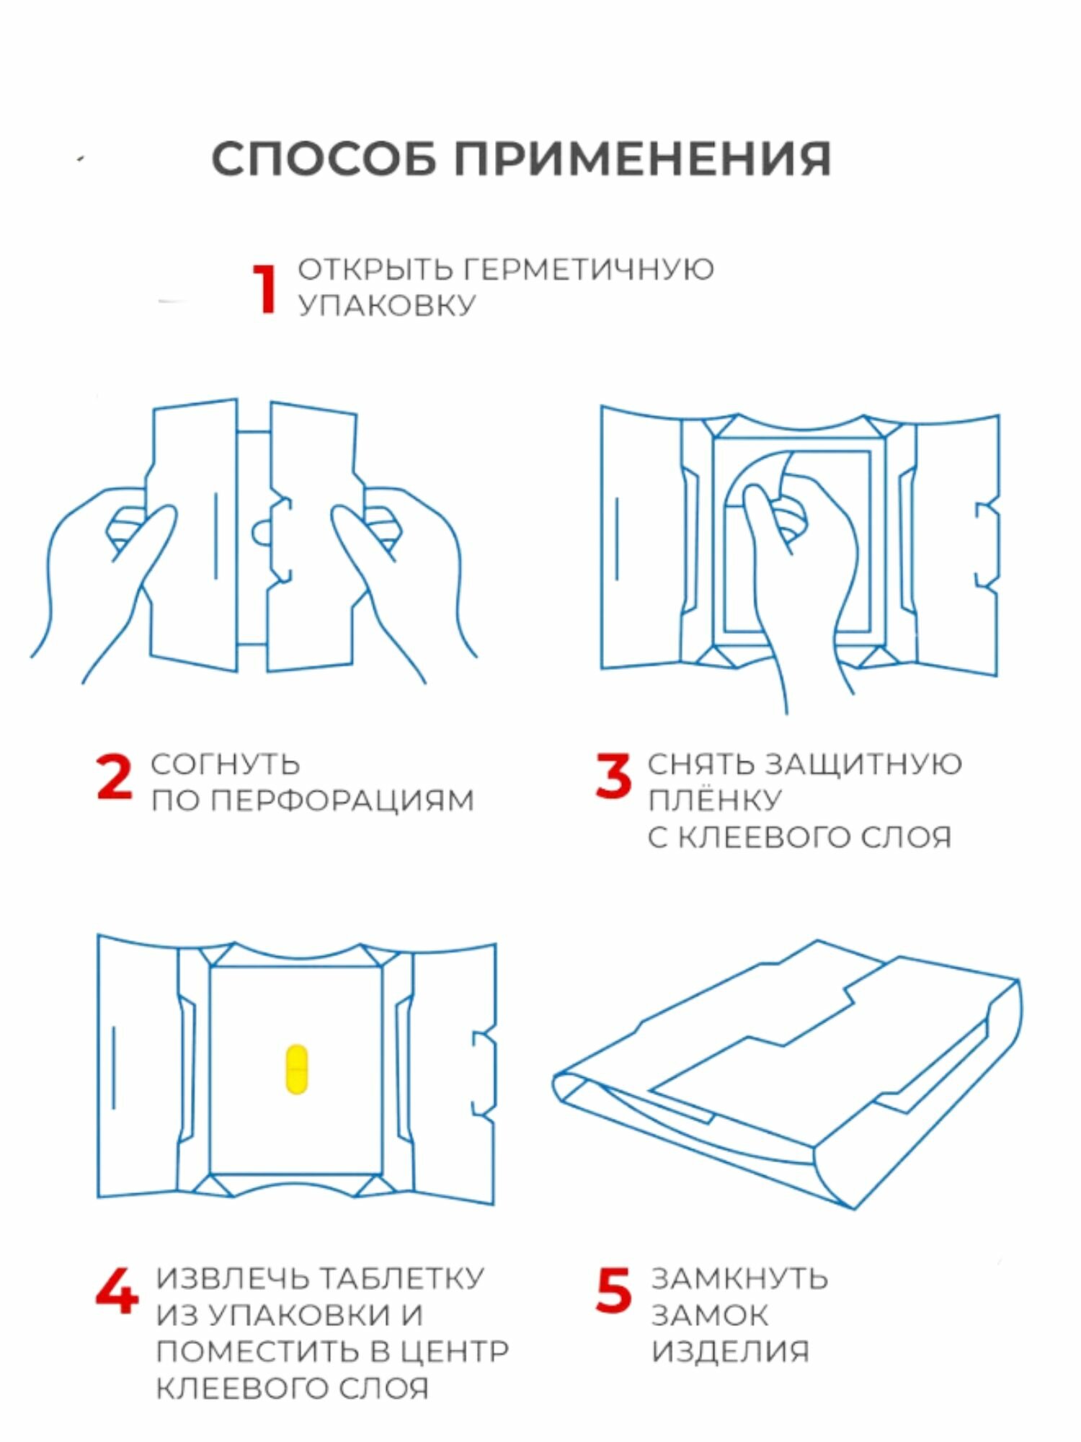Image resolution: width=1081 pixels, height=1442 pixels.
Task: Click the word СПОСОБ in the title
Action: pos(324,159)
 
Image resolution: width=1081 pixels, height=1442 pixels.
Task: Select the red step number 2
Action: pos(114,777)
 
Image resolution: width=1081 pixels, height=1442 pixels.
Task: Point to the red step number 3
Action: pos(613,777)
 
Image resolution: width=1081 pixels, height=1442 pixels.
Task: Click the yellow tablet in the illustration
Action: pos(296,1068)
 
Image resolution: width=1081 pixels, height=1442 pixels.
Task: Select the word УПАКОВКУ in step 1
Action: pos(387,305)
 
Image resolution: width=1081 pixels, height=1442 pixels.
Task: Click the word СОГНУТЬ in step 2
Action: pos(225,764)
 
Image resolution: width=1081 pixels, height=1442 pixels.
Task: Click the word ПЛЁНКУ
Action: pos(714,800)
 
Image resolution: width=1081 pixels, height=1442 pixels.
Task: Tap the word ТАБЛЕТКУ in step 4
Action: pos(401,1279)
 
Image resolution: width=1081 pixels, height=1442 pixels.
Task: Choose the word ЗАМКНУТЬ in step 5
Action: pos(739,1279)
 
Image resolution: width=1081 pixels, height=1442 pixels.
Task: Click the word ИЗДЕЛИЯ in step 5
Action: pos(731,1352)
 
